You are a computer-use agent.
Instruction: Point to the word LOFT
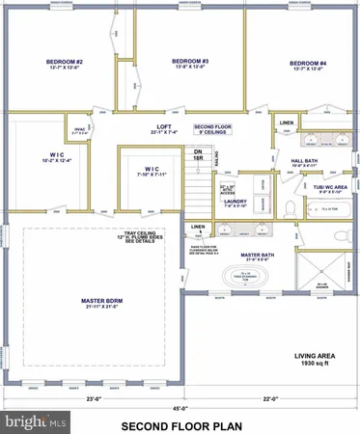point(165,127)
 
